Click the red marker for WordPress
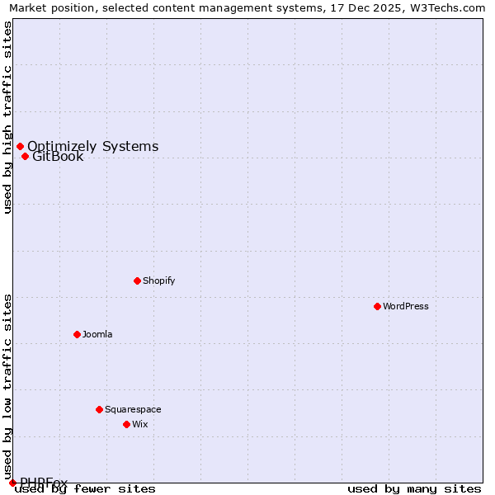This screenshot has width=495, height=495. click(x=377, y=306)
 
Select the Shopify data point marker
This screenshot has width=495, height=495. click(x=137, y=280)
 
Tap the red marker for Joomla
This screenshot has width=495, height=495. click(x=77, y=334)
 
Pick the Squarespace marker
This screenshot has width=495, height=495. click(x=99, y=409)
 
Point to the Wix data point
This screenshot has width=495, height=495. click(x=126, y=424)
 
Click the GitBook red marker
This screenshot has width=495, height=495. click(x=25, y=157)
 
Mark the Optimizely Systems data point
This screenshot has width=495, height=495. click(x=20, y=147)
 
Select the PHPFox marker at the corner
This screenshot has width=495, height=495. click(x=12, y=483)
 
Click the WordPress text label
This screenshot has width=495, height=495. click(x=406, y=306)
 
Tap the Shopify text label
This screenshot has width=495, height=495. click(x=159, y=280)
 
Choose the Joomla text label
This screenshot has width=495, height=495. click(x=97, y=334)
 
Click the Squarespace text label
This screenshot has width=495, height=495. click(x=133, y=409)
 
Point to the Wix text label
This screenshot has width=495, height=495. click(x=140, y=424)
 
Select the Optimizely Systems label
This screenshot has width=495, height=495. click(x=93, y=147)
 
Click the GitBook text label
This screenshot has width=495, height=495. click(x=58, y=157)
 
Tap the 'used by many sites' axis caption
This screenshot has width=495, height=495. click(x=414, y=489)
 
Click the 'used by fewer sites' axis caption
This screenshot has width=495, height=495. click(x=86, y=489)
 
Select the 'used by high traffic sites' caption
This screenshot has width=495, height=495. click(x=8, y=117)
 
